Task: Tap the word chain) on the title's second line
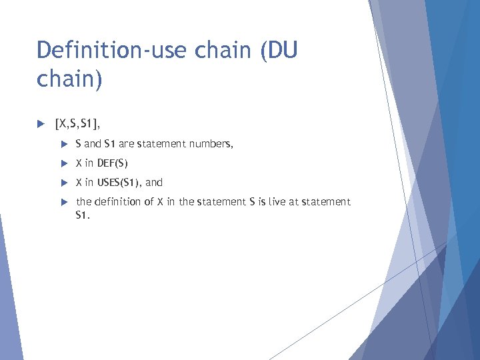click(70, 80)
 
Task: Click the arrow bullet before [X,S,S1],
click(41, 123)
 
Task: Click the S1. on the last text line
click(82, 215)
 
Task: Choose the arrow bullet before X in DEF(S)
click(64, 163)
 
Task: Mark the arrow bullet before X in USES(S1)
click(64, 182)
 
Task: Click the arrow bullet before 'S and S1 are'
click(64, 143)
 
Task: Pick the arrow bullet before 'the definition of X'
click(64, 201)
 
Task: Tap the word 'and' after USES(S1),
click(154, 182)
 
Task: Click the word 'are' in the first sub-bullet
click(126, 143)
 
